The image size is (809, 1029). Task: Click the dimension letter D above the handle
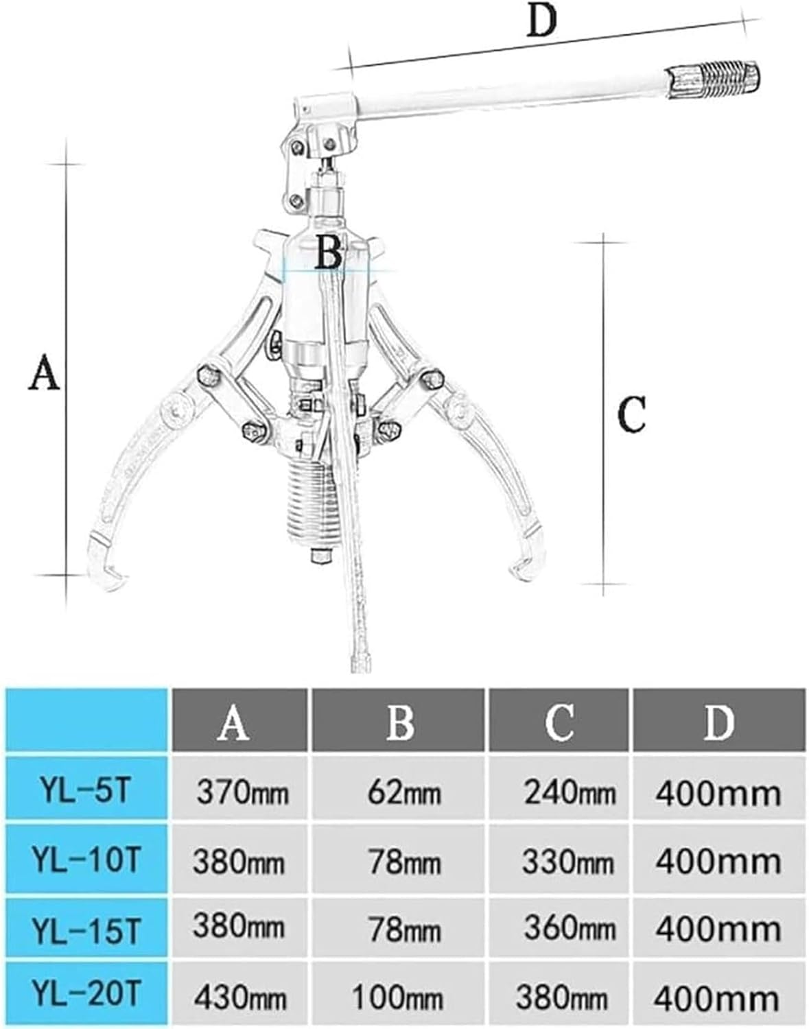(541, 22)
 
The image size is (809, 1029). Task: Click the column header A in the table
(233, 722)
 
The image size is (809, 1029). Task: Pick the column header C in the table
(559, 722)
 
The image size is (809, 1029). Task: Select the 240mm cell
(568, 794)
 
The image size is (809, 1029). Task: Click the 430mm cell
(239, 996)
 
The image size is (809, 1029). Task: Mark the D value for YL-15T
(718, 930)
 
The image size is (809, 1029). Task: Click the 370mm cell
(242, 794)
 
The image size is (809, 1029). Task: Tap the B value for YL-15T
(403, 930)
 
